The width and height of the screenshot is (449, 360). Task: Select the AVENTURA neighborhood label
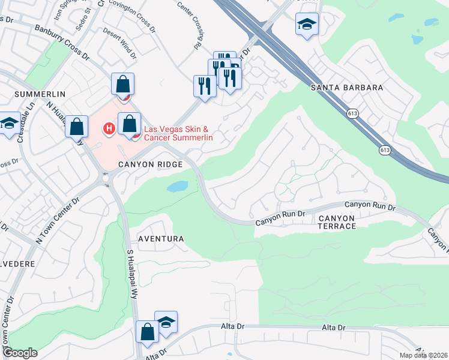[x=160, y=239]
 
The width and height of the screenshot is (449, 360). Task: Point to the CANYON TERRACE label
[x=337, y=221]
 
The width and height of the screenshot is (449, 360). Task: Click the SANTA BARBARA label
[x=347, y=88]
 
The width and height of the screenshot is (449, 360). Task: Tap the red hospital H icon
[x=109, y=128]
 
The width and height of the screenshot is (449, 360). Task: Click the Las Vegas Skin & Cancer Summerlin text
[x=178, y=133]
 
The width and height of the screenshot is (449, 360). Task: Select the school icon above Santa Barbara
[x=307, y=25]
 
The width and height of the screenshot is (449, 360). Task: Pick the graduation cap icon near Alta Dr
[x=166, y=322]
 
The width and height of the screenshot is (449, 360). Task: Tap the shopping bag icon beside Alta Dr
[x=147, y=332]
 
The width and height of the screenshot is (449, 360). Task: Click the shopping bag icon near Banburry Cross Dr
[x=122, y=85]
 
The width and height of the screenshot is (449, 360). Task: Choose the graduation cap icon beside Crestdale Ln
[x=9, y=124]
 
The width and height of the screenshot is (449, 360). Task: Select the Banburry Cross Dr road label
[x=62, y=43]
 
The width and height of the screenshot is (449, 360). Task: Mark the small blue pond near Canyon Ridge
[x=178, y=187]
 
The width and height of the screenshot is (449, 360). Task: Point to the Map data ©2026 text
[x=423, y=355]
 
